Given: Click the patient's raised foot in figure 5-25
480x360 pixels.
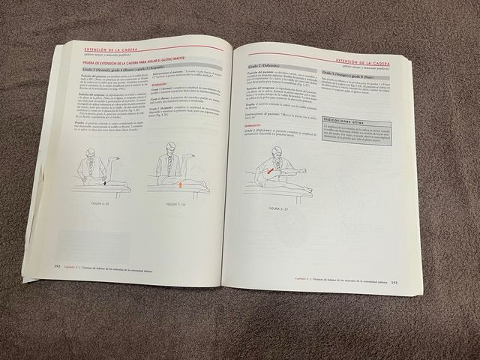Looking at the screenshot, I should (114, 158).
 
